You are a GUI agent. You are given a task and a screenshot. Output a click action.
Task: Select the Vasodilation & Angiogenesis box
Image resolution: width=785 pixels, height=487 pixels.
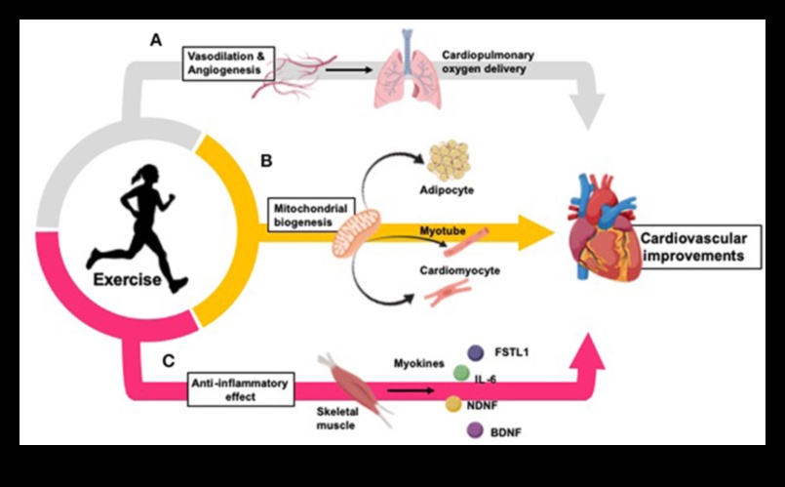(222, 64)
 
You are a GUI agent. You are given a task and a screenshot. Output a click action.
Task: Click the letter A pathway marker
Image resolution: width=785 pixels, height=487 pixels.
(155, 40)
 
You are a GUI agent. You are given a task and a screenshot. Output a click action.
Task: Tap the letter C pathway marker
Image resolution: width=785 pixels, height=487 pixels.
(168, 361)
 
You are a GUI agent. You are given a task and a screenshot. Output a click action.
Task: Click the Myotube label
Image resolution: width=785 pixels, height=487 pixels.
(442, 226)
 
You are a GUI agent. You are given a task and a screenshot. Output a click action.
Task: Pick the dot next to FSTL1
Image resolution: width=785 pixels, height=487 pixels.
(476, 352)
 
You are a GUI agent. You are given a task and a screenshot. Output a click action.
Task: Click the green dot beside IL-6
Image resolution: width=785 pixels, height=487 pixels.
(460, 374)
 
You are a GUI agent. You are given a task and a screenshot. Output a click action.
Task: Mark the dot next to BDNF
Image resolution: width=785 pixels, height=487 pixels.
(477, 428)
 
